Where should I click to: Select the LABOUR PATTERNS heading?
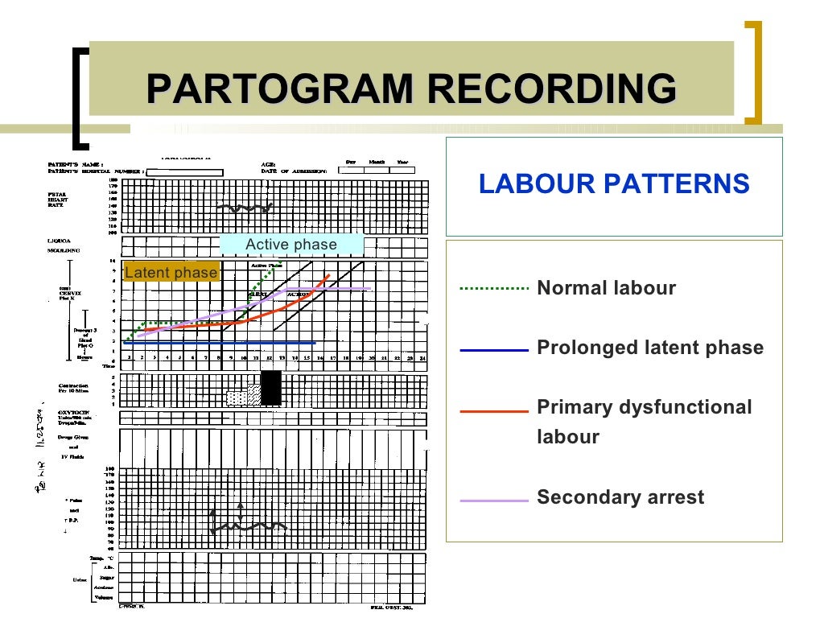pos(614,184)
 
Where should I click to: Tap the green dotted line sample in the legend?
pos(494,288)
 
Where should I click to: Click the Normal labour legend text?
pos(606,288)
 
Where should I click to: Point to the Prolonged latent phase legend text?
pos(649,348)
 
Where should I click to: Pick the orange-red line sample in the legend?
pos(494,411)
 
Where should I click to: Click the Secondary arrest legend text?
pos(620,497)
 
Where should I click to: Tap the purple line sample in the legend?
pos(494,500)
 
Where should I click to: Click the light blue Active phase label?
pos(291,245)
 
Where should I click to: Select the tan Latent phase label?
pos(171,273)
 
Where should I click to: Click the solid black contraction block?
pos(271,388)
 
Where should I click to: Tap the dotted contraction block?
pos(236,398)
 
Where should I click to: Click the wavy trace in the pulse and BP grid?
pos(249,527)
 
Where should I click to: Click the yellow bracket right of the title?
pos(753,72)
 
